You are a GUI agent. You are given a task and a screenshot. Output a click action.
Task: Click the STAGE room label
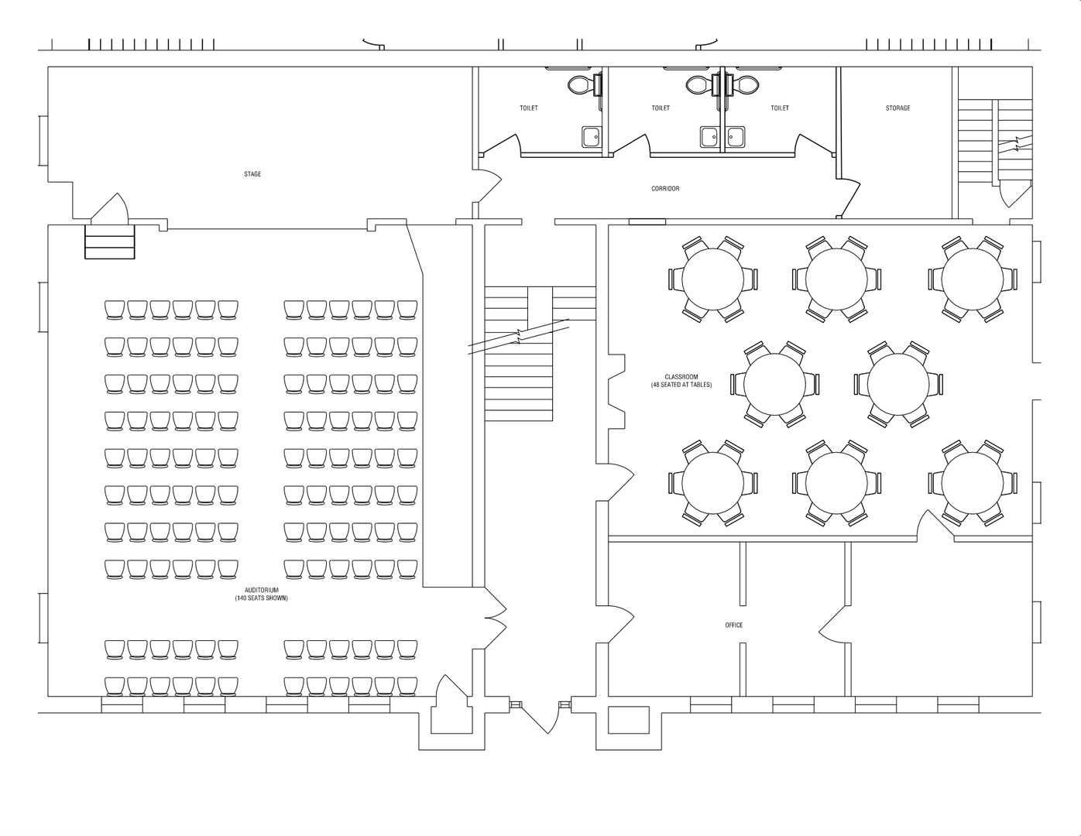(252, 174)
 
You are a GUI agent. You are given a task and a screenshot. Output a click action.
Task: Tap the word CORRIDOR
(665, 189)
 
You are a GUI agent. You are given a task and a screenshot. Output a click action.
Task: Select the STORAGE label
(897, 108)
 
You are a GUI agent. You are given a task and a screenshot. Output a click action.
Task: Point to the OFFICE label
(734, 625)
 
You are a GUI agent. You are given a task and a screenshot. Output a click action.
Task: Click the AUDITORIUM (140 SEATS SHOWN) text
(261, 594)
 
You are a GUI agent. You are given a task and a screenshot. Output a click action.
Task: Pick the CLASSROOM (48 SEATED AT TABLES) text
(681, 381)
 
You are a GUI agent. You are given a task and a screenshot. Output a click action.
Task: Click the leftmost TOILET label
(529, 108)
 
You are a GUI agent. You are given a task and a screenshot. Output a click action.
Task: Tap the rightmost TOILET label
(780, 108)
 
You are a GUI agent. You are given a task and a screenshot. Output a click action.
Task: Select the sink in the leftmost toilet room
(592, 137)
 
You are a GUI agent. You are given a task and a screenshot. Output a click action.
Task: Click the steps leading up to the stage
(109, 241)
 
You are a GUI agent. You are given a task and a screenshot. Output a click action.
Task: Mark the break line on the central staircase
(519, 336)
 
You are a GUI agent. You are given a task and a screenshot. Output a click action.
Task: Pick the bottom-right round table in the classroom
(973, 482)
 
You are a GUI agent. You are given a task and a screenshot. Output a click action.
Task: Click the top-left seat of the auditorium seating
(115, 310)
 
